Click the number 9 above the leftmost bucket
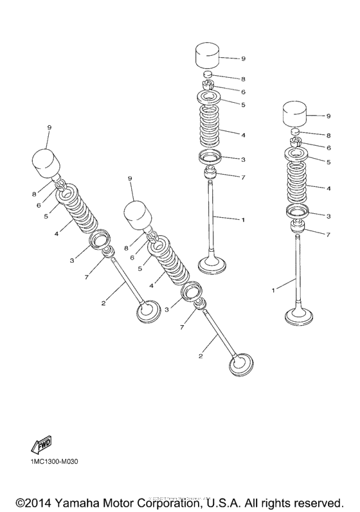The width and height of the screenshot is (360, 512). [x=48, y=128]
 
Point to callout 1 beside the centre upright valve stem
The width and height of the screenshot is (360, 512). [x=243, y=220]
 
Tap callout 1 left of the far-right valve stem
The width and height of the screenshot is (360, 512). [x=273, y=290]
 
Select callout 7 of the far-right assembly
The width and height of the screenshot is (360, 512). [x=328, y=235]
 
